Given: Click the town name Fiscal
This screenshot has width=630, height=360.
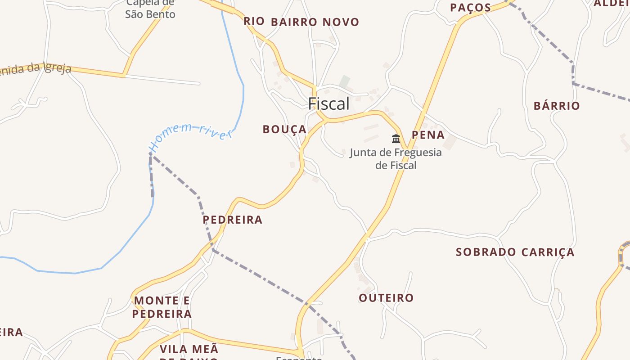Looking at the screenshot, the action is coord(328,104).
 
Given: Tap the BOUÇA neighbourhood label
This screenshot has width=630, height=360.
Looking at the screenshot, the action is coord(284,130).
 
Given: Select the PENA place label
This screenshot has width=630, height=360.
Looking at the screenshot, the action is coord(428,135).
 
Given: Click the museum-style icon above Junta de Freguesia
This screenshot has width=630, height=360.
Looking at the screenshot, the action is coord(396,139).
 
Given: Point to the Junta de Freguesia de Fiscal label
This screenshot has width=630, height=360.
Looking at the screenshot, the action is coord(396,159).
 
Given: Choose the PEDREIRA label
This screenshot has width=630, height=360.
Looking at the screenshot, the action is coord(232,220).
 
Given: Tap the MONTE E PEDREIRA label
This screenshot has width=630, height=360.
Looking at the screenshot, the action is coord(162,307).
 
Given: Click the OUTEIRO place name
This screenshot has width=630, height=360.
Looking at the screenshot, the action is coord(386,298).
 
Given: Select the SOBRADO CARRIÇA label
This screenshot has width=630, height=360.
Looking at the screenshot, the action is coord(515,252).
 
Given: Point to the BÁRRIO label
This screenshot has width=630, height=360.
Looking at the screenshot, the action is coord(557,106).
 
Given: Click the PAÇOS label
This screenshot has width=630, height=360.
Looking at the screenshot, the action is coord(470,8).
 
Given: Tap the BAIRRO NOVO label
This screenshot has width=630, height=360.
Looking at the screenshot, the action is coord(315,22).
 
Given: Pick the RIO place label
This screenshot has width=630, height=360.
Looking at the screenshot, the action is coord(254,21).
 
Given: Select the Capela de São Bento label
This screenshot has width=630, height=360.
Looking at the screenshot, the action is coord(150,9).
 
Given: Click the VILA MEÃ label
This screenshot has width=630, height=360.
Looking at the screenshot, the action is coord(189,349).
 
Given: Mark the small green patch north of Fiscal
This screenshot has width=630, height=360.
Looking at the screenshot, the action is coord(345,81).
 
